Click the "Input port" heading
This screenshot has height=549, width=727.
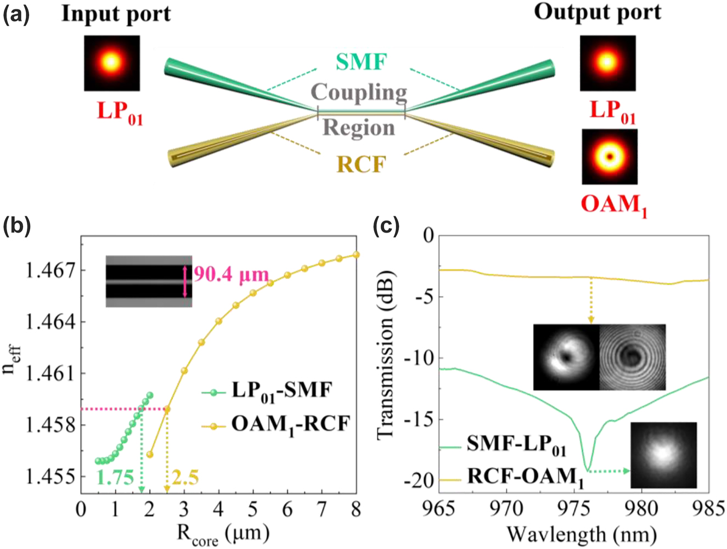(116, 13)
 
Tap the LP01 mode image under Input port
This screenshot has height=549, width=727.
(112, 63)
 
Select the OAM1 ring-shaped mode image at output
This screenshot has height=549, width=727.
(609, 157)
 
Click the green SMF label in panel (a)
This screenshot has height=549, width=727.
(360, 62)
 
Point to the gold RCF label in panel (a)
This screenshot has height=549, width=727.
(360, 163)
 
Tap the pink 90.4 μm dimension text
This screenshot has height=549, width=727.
(231, 274)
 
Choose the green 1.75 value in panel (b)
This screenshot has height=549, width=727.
(115, 478)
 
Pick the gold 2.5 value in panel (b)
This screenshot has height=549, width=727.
(185, 478)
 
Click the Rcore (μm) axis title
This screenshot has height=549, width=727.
(222, 534)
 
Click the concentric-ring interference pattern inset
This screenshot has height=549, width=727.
(632, 357)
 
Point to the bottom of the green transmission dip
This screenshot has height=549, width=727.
(588, 470)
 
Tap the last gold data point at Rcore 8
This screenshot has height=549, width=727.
(356, 254)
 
